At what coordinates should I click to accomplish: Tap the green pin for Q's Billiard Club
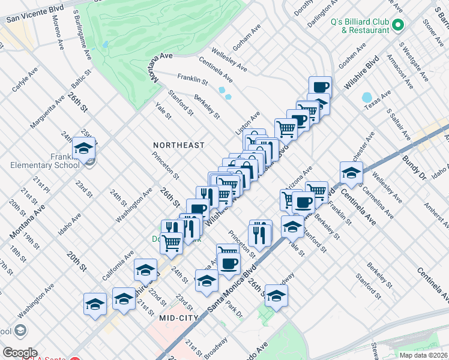pyautogui.click(x=399, y=25)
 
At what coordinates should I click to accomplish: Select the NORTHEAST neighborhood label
pyautogui.click(x=179, y=145)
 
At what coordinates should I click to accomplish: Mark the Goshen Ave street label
pyautogui.click(x=352, y=56)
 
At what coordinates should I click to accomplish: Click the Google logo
pyautogui.click(x=20, y=353)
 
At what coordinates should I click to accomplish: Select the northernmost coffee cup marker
pyautogui.click(x=320, y=86)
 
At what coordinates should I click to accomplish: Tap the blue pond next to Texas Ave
pyautogui.click(x=367, y=97)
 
